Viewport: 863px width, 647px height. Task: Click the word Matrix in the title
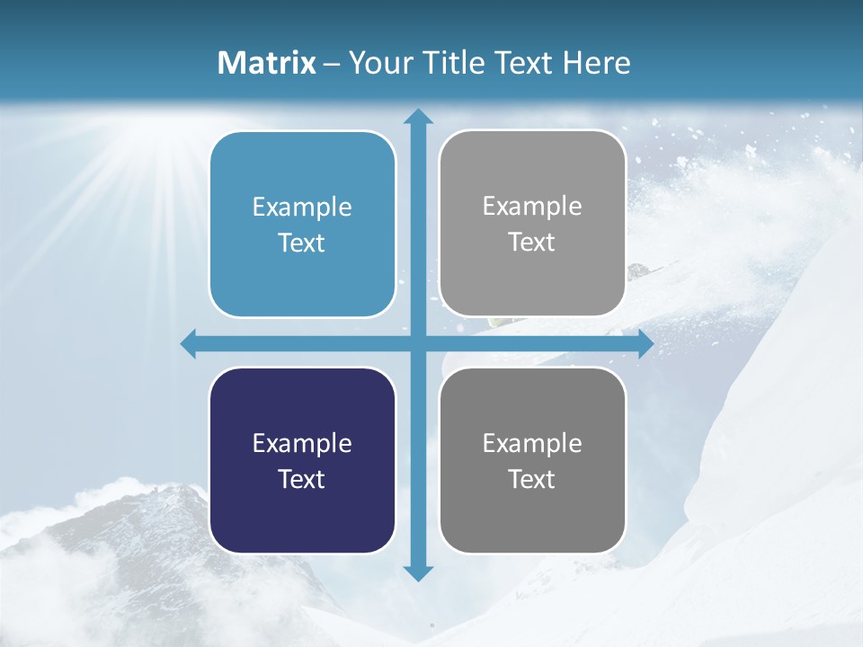pyautogui.click(x=267, y=63)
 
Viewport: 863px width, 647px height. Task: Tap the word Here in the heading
pyautogui.click(x=597, y=63)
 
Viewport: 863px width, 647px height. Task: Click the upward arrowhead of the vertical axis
pyautogui.click(x=417, y=117)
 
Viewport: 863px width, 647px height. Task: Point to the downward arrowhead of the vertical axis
pyautogui.click(x=417, y=572)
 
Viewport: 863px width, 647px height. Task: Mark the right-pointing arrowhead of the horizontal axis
pyautogui.click(x=645, y=344)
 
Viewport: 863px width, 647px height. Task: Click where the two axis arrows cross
pyautogui.click(x=417, y=344)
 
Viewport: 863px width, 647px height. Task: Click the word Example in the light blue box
pyautogui.click(x=302, y=208)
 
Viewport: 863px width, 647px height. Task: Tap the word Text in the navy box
pyautogui.click(x=302, y=479)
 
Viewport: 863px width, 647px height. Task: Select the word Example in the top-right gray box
pyautogui.click(x=532, y=207)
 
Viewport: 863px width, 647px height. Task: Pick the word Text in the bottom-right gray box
pyautogui.click(x=532, y=479)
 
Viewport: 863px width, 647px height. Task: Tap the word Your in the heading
pyautogui.click(x=378, y=63)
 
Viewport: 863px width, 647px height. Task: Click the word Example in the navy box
pyautogui.click(x=302, y=443)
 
